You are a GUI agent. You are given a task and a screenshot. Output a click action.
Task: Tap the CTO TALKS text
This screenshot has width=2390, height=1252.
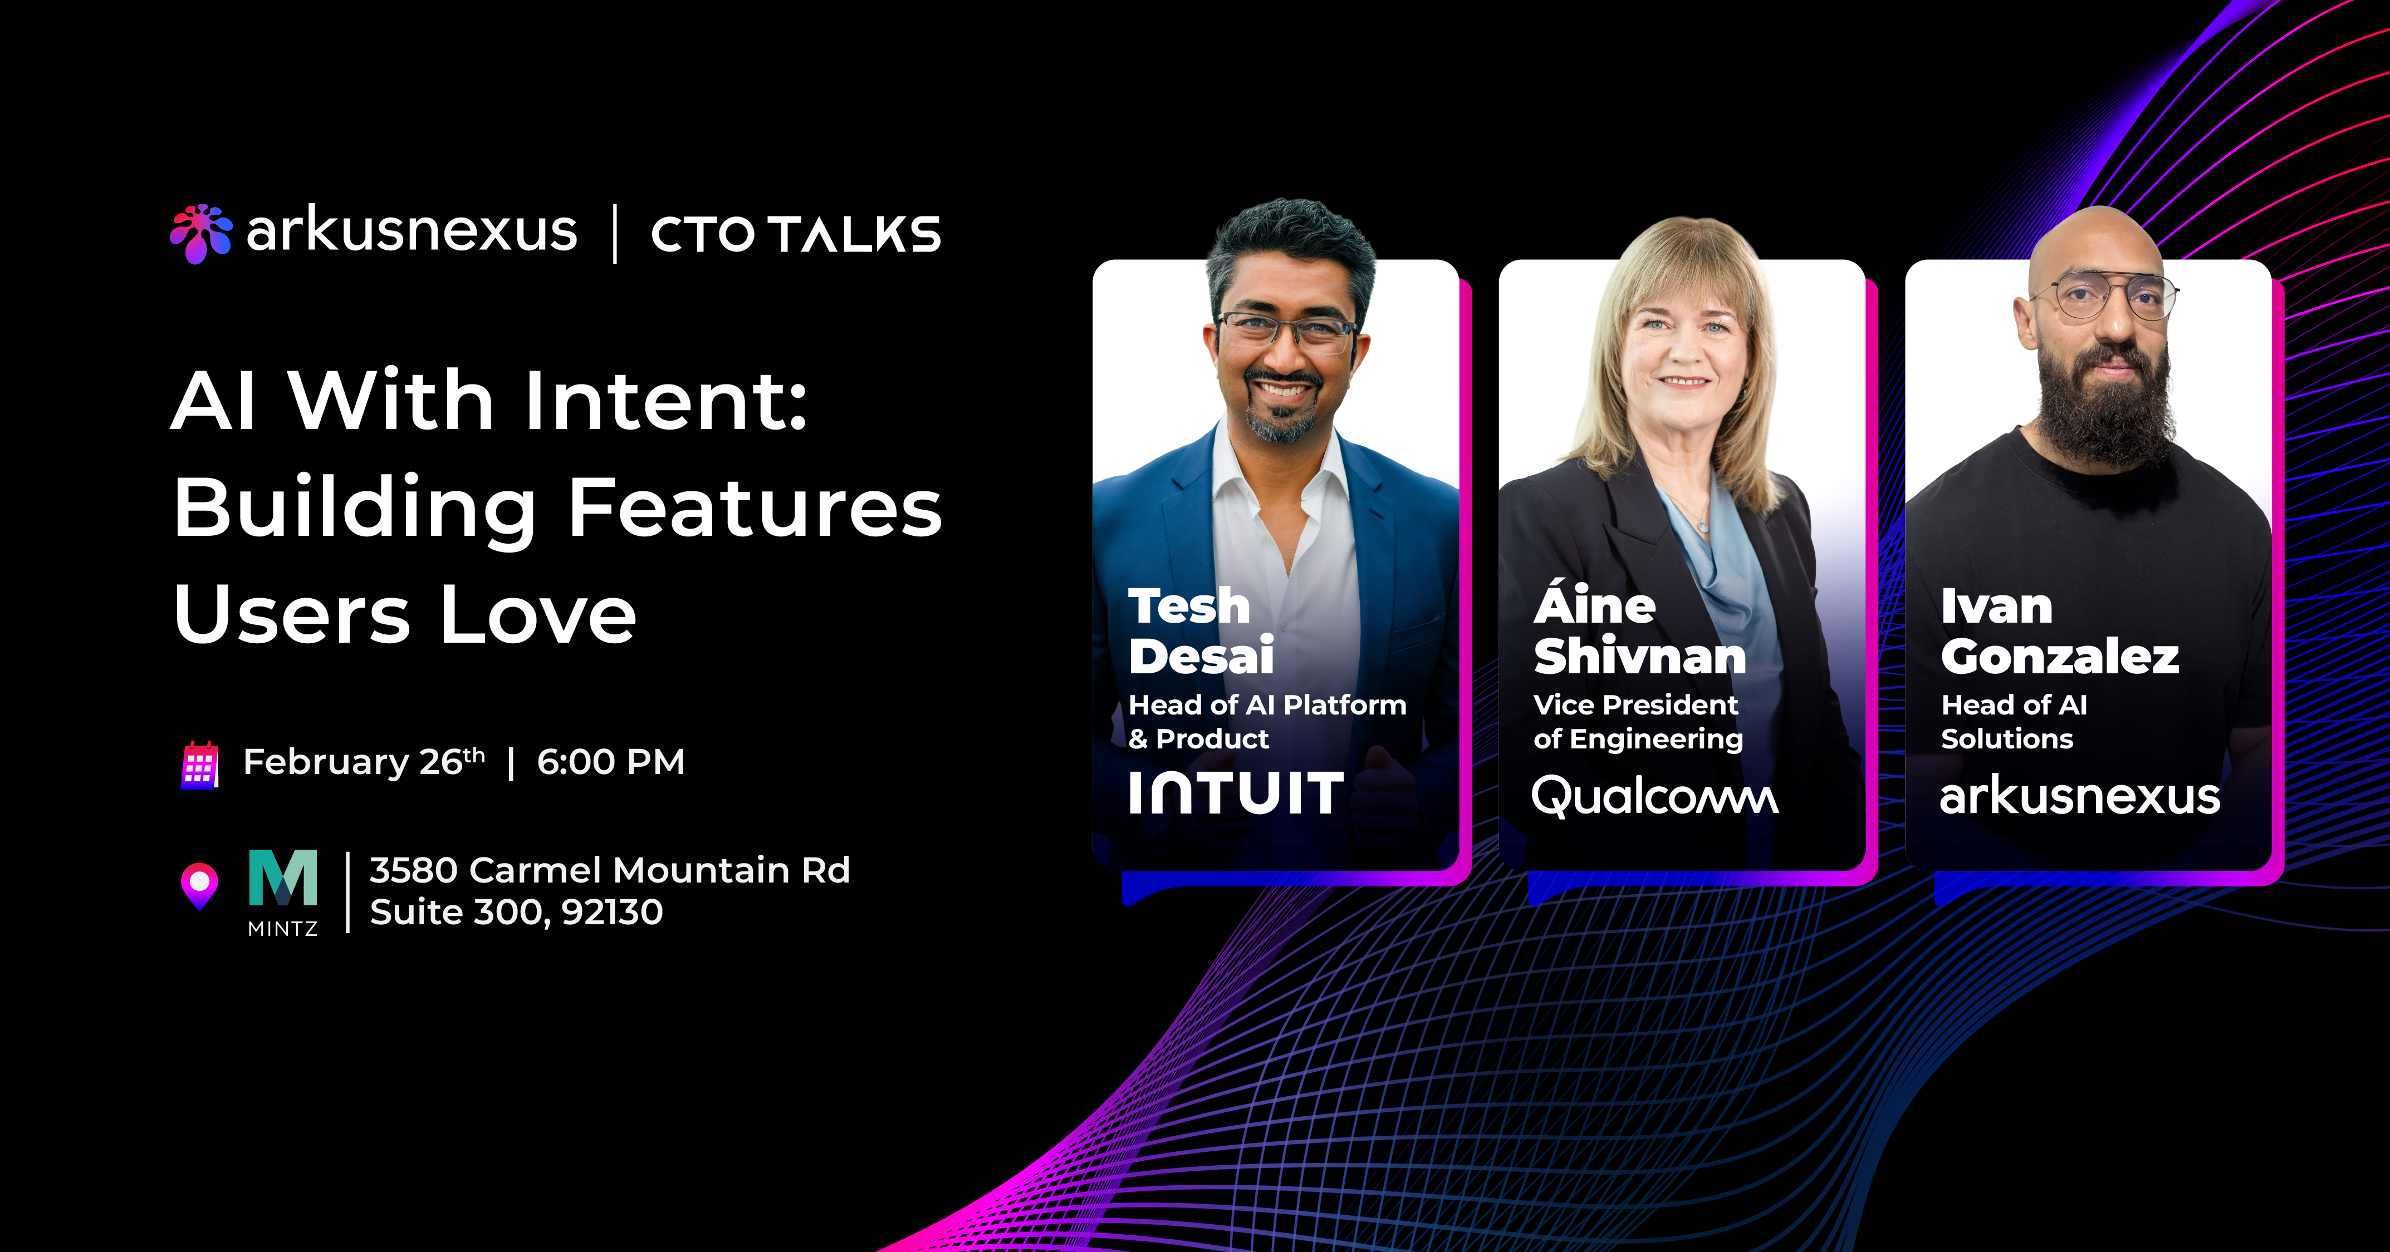(x=795, y=234)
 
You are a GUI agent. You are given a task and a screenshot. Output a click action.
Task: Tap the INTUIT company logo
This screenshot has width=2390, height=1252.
(x=1236, y=794)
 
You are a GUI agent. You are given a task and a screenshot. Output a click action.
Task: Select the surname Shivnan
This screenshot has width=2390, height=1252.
(x=1639, y=657)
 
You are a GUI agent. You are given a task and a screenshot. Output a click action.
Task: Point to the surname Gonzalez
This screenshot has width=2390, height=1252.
(x=2060, y=657)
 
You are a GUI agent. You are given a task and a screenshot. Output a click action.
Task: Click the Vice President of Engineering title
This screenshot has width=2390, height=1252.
(x=1638, y=722)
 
